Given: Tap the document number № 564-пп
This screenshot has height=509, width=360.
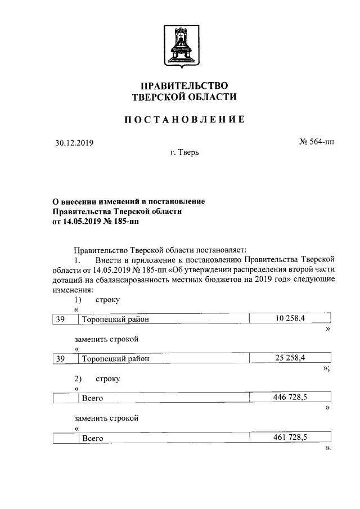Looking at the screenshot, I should click(x=316, y=142).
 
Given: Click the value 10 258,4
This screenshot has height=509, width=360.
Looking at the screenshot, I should click(x=290, y=319).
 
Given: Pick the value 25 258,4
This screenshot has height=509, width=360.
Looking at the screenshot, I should click(x=290, y=358).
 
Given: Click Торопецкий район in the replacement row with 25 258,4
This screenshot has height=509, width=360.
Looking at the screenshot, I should click(x=118, y=359).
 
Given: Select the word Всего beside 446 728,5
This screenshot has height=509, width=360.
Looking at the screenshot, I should click(x=92, y=398).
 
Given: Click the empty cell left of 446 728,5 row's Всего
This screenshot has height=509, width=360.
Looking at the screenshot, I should click(x=64, y=398).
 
